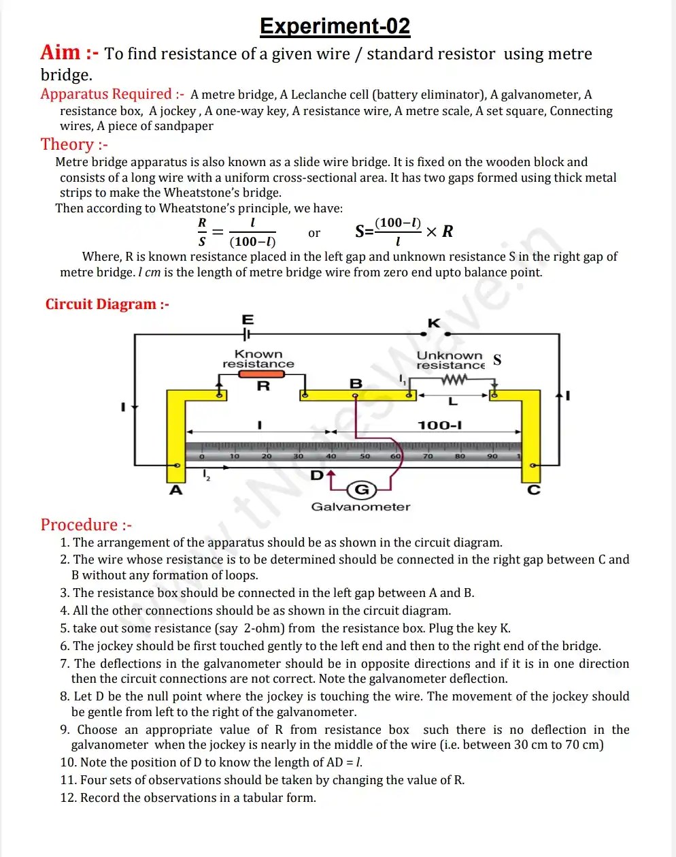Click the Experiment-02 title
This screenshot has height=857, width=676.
pos(335,27)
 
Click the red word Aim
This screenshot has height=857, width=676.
pos(60,52)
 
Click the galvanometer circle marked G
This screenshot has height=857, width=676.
pos(362,489)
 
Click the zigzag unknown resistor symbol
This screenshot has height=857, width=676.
pos(454,379)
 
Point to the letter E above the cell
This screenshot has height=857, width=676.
pos(248,319)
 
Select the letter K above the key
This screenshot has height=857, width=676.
pos(434,323)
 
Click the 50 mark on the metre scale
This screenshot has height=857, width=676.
pos(365,456)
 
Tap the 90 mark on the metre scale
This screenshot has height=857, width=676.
pos(492,456)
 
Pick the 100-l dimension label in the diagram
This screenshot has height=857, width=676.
pos(439,425)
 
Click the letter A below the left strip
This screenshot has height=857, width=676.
pos(176,490)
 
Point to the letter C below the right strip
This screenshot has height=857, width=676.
pos(534,490)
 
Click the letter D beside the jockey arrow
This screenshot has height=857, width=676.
pos(317,475)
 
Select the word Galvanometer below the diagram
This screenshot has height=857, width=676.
pos(360,507)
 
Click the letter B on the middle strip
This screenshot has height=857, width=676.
pos(356,383)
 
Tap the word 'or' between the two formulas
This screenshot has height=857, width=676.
pos(314,233)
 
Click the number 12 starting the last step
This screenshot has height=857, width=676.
pos(67,798)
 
